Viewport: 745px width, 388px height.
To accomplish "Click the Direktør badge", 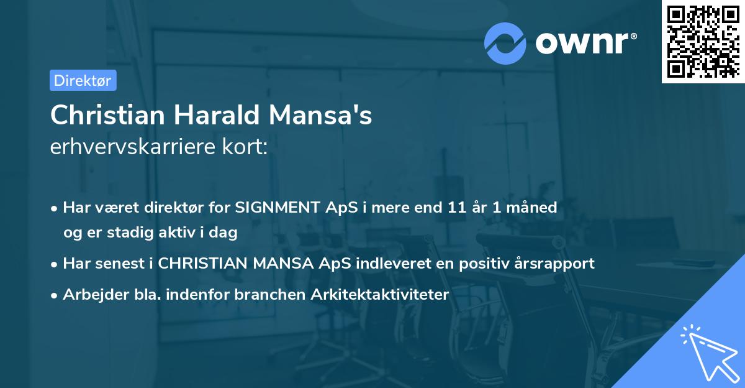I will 83,80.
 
